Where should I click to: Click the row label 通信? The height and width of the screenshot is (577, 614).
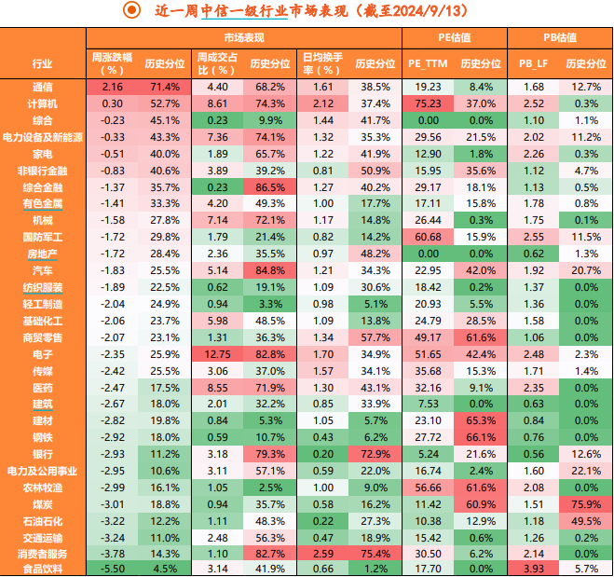(x=42, y=86)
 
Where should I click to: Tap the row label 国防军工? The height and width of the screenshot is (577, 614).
(x=42, y=237)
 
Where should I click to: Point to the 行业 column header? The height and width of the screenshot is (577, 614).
(x=42, y=63)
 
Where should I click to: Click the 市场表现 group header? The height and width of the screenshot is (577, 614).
(x=244, y=37)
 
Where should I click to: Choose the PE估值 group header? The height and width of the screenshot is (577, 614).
(x=455, y=37)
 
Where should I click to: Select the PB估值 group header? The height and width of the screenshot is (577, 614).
(x=560, y=37)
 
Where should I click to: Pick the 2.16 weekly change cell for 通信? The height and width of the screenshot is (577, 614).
(x=113, y=86)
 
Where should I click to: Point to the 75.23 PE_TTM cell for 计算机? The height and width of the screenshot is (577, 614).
(x=428, y=103)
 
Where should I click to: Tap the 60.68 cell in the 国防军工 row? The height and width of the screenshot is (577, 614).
(x=428, y=237)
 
